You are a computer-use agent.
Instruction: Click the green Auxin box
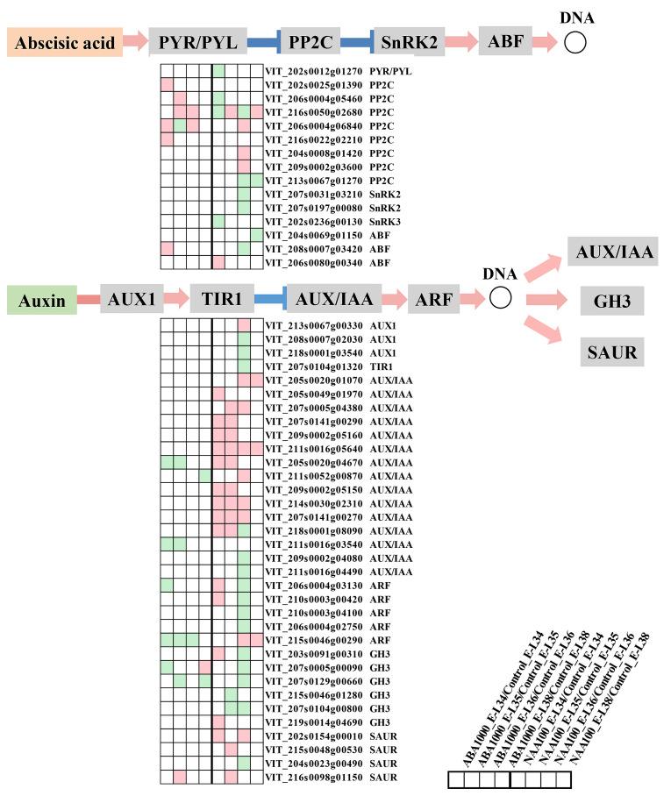pyautogui.click(x=40, y=300)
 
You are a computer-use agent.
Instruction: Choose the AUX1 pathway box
pyautogui.click(x=132, y=300)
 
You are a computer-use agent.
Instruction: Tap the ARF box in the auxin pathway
pyautogui.click(x=433, y=300)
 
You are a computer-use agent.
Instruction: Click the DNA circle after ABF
pyautogui.click(x=575, y=41)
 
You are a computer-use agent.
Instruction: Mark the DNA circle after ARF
pyautogui.click(x=500, y=299)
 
